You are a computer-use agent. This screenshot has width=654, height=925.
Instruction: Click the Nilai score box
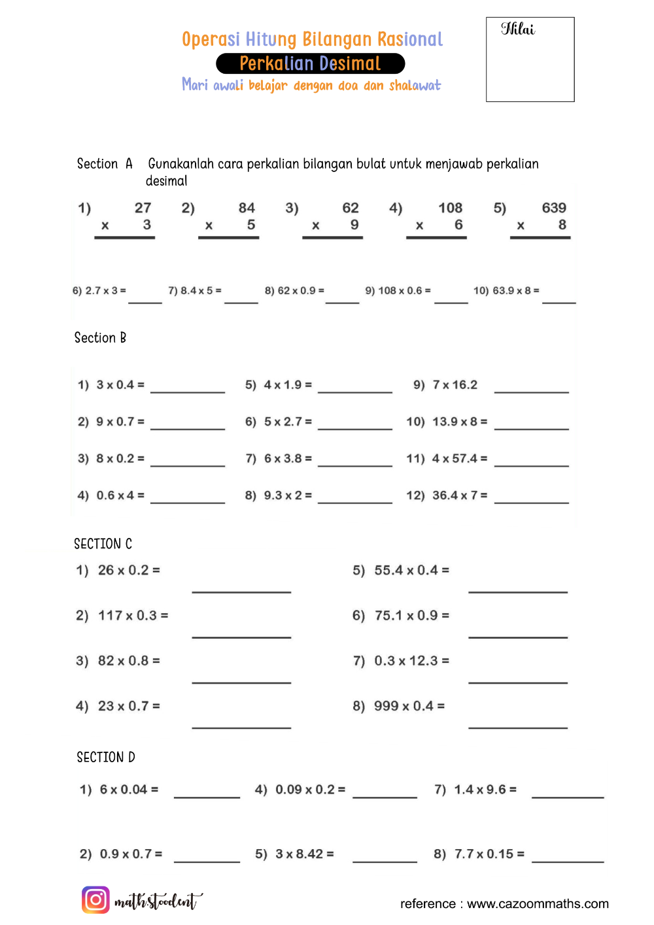click(x=530, y=59)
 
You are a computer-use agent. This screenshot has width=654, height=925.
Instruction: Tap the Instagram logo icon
click(x=95, y=900)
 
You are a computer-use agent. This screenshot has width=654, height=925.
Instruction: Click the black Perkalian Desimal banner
click(x=310, y=63)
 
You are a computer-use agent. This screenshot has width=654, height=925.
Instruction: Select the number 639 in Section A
click(x=553, y=208)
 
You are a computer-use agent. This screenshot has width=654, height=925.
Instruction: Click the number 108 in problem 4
click(x=450, y=208)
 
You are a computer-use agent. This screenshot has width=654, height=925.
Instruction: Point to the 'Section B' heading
click(x=100, y=338)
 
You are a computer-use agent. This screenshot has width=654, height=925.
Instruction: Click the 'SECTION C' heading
click(x=103, y=544)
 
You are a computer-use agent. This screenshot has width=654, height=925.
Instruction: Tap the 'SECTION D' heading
click(x=106, y=757)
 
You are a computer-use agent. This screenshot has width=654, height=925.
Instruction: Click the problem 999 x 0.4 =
click(x=409, y=706)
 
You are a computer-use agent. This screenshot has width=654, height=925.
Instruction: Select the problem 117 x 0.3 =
click(x=133, y=616)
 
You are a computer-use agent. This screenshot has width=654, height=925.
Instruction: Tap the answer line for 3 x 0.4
click(x=188, y=391)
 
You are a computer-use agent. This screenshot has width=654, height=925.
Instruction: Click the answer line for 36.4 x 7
click(x=531, y=501)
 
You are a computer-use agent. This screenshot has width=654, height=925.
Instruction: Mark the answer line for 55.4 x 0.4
click(x=517, y=591)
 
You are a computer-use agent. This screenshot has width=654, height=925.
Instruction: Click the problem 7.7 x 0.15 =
click(x=489, y=854)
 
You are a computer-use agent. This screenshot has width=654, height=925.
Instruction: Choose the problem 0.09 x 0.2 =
click(x=310, y=790)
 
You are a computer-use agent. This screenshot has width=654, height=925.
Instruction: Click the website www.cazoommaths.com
click(x=538, y=904)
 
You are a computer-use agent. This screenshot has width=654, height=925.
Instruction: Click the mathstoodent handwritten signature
click(x=158, y=901)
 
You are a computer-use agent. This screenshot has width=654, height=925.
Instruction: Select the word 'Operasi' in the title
click(x=211, y=39)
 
